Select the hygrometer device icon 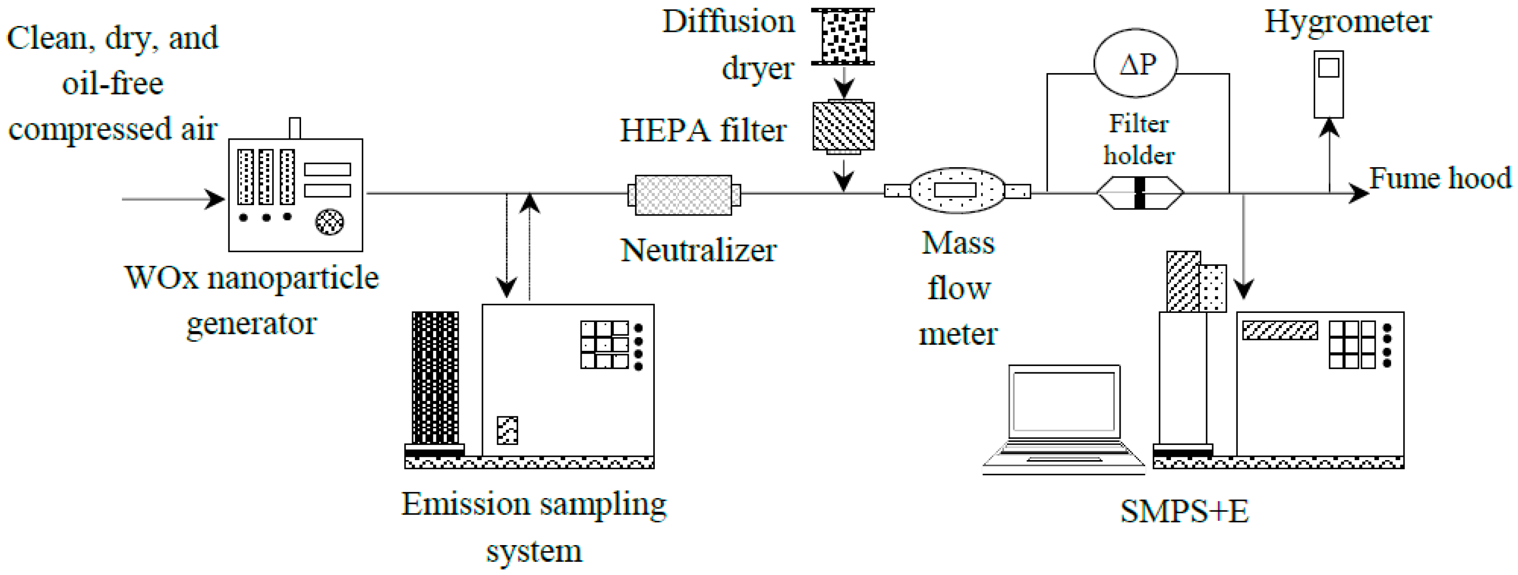click(x=1328, y=84)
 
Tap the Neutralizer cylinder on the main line click(x=684, y=195)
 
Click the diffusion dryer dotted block click(x=843, y=37)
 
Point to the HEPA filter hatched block click(x=843, y=127)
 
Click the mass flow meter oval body click(x=957, y=191)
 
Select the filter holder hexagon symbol click(x=1140, y=193)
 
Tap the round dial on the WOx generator click(x=330, y=222)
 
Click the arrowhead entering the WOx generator click(x=216, y=199)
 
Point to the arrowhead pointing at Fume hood click(x=1359, y=193)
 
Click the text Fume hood click(x=1440, y=178)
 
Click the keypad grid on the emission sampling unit click(x=604, y=345)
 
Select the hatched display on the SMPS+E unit click(x=1280, y=330)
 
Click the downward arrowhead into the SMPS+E click(x=1244, y=289)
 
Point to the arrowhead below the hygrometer click(x=1329, y=127)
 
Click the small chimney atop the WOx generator click(x=295, y=128)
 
